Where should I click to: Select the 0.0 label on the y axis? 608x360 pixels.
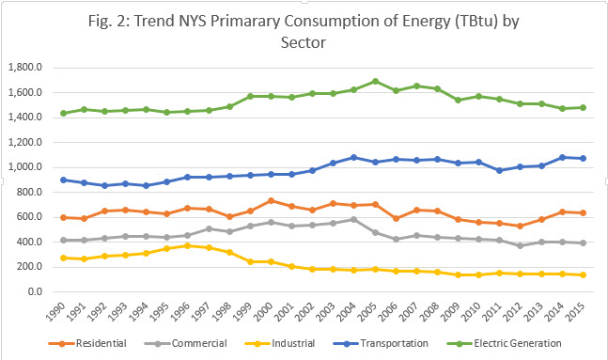(35, 292)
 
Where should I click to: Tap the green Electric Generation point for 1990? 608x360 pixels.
(64, 113)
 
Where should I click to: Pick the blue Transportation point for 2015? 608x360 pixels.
(584, 158)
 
